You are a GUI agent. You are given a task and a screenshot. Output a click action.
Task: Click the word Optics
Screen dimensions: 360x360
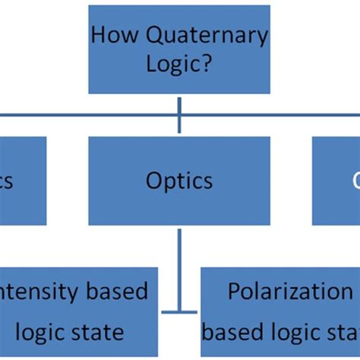point(179,181)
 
